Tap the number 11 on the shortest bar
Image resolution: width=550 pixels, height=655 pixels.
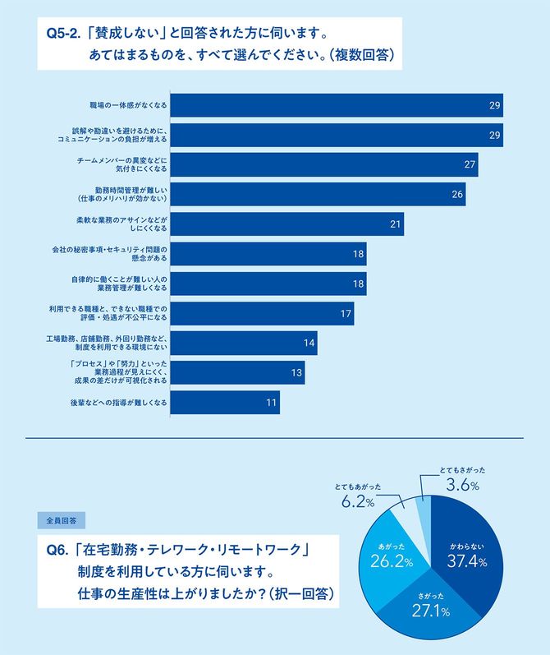269,403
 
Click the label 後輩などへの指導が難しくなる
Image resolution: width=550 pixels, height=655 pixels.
119,403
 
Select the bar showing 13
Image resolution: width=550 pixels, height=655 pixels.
238,373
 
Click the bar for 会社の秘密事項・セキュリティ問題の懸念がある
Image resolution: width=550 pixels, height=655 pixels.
268,254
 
